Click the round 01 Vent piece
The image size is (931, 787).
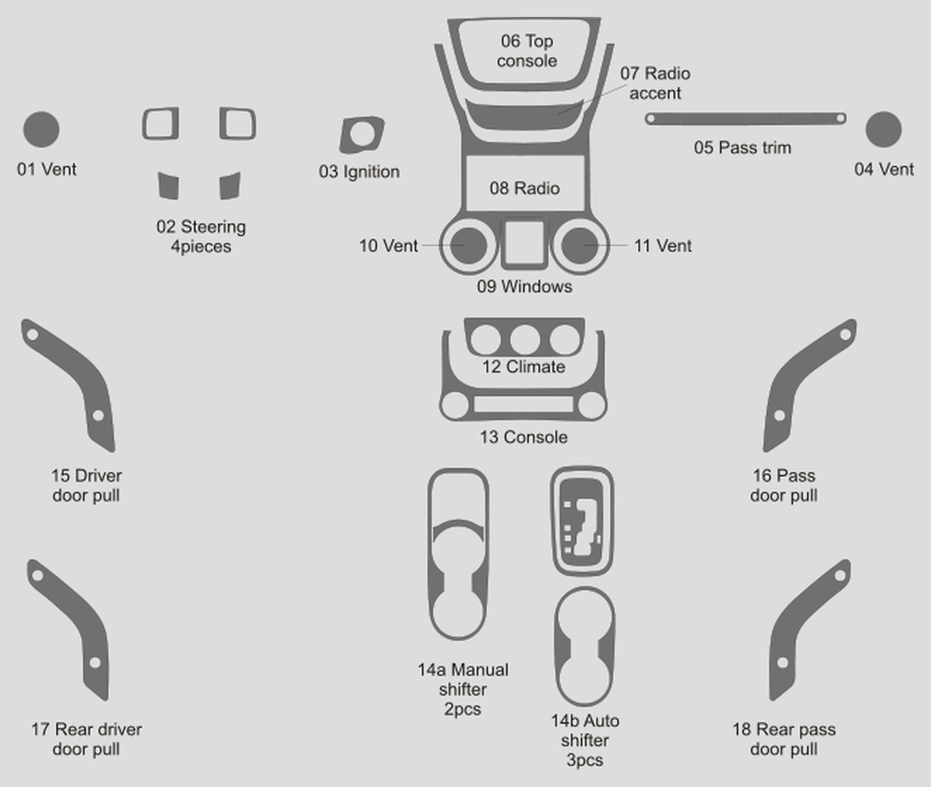click(41, 129)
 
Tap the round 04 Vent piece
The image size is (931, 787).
click(883, 129)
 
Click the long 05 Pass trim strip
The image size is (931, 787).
click(745, 119)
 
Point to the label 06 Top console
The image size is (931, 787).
click(526, 51)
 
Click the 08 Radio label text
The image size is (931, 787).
click(524, 188)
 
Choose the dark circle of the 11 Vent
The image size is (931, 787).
click(579, 245)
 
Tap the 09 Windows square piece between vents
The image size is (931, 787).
click(524, 244)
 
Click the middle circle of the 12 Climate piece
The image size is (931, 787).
click(524, 339)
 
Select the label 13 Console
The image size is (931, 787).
click(523, 437)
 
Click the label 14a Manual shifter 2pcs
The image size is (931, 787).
click(463, 689)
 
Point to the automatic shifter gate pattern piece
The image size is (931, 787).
click(582, 520)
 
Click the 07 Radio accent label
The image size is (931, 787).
click(655, 83)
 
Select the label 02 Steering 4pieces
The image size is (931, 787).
click(201, 236)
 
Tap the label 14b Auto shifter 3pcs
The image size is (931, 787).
click(584, 740)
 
